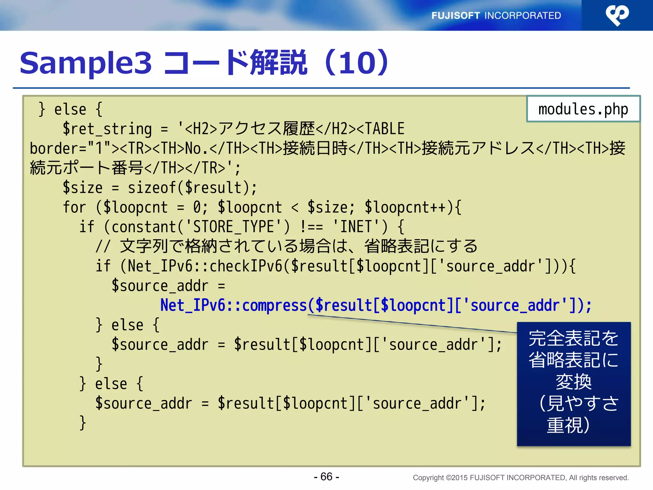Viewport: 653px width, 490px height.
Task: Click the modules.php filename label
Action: pos(583,109)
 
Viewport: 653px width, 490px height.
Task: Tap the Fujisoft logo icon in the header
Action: pos(617,15)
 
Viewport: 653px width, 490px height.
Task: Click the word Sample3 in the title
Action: pos(86,63)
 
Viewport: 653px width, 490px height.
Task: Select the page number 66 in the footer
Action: pos(326,477)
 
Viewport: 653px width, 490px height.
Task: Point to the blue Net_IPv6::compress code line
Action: pos(376,305)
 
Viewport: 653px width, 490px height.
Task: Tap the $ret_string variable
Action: pos(107,129)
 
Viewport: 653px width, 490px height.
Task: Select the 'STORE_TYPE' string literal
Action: pos(234,227)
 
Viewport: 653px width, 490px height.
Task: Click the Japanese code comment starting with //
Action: pos(286,246)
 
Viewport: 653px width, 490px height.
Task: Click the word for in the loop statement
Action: pos(74,207)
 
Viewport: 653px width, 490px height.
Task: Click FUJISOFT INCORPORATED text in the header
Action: pos(496,15)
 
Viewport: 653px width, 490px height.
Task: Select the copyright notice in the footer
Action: pos(521,478)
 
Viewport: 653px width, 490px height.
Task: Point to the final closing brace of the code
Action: pos(83,423)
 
